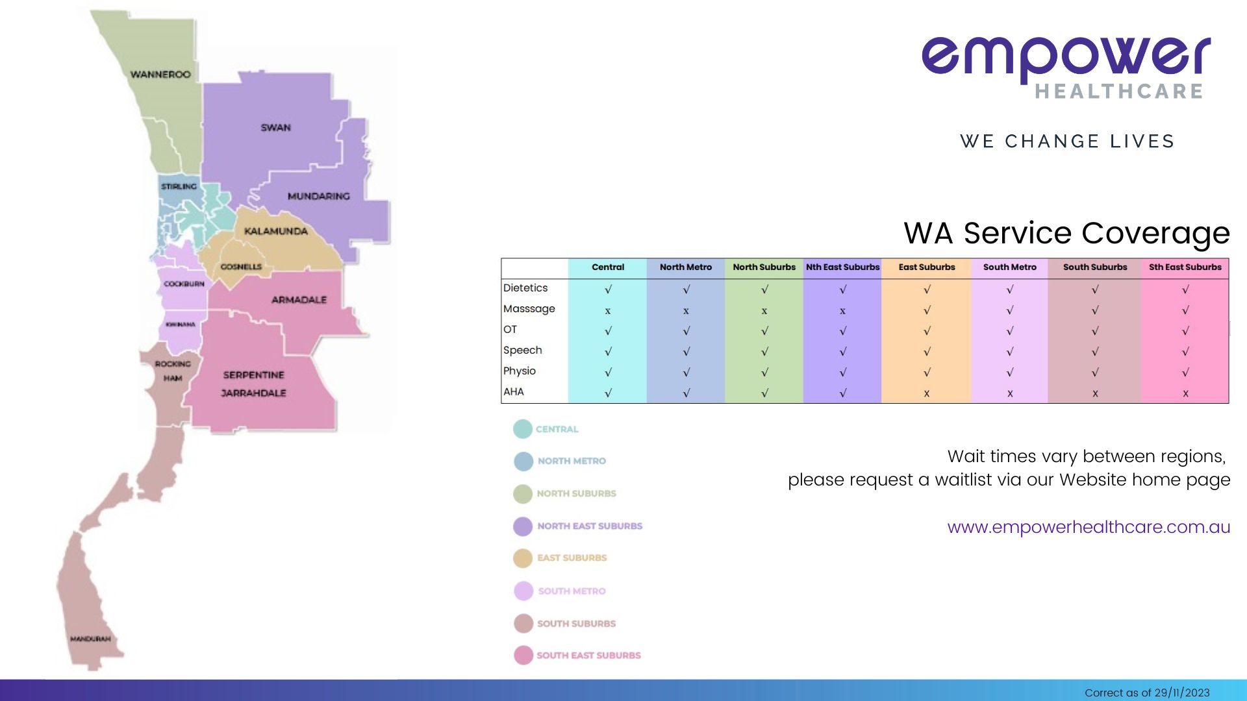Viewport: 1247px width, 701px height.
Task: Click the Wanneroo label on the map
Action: tap(160, 75)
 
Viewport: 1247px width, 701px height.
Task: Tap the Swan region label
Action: tap(275, 128)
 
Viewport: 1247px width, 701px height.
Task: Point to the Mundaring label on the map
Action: tap(318, 196)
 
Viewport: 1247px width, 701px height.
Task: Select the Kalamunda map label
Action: tap(275, 231)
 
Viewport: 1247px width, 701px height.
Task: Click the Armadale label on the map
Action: tap(299, 300)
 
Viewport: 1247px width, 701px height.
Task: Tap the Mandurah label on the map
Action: tap(90, 639)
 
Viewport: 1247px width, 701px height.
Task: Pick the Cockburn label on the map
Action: tap(184, 284)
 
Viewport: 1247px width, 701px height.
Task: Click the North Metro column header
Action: tap(685, 267)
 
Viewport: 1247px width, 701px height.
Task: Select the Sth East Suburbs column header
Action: tap(1185, 267)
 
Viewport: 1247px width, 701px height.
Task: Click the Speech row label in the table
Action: tap(522, 350)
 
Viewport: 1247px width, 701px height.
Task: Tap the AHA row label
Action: tap(513, 392)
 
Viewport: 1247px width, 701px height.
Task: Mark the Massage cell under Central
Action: tap(608, 311)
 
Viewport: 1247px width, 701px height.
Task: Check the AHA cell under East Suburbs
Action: tap(926, 393)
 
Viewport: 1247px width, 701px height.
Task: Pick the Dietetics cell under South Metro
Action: tap(1009, 289)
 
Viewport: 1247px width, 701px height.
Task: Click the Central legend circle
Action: tap(523, 429)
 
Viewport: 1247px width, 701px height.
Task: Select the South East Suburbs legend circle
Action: tap(523, 656)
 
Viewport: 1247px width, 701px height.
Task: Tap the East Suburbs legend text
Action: tap(572, 558)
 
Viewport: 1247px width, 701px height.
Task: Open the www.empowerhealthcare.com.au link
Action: tap(1089, 527)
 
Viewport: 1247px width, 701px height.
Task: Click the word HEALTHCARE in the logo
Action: tap(1118, 92)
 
